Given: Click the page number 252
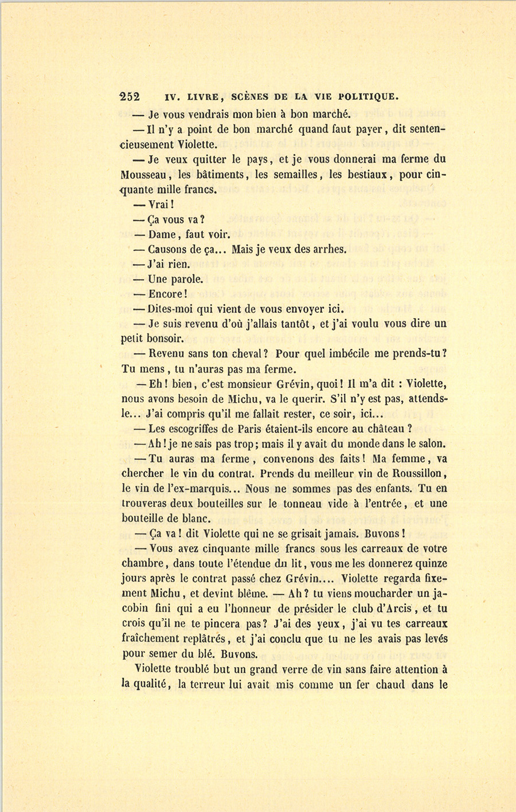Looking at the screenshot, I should [x=130, y=96].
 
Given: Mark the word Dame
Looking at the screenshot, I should [x=163, y=234].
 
